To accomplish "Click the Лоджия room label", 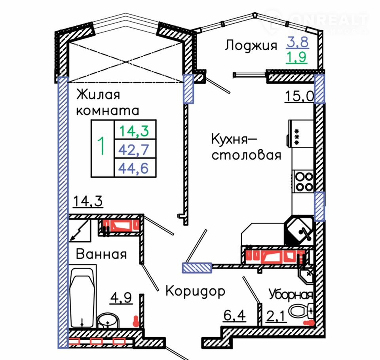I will click(251, 45).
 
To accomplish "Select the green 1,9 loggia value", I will click(297, 59).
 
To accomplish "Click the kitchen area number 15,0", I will click(299, 96).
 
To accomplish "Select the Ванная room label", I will click(101, 254).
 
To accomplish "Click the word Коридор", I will click(195, 292).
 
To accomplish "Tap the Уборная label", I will click(291, 295).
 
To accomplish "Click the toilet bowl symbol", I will click(300, 311).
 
